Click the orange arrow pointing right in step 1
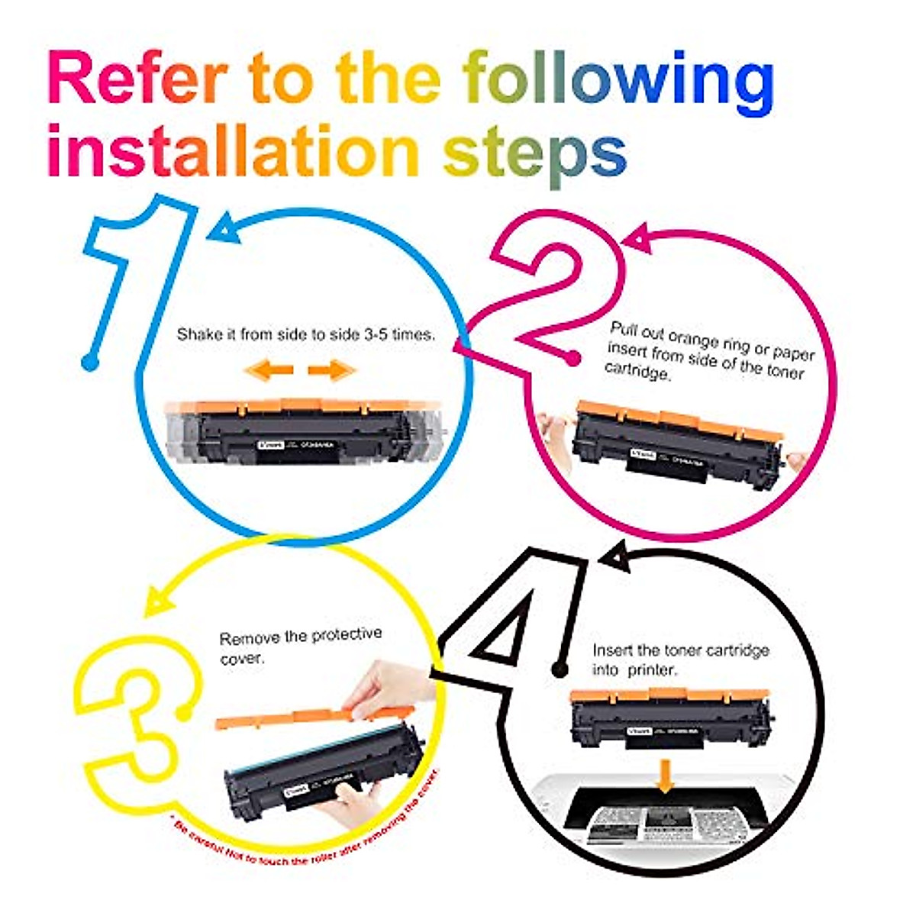[x=332, y=370]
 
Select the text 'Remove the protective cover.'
[x=300, y=645]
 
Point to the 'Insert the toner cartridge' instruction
[x=680, y=660]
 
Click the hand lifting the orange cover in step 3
[x=385, y=687]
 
